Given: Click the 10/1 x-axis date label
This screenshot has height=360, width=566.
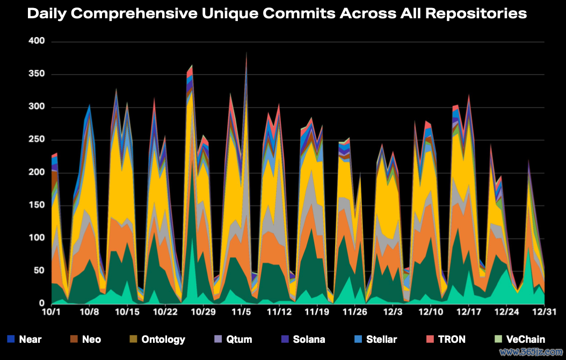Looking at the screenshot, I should coord(51,311).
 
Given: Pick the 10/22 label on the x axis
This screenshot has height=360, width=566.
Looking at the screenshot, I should coord(165,311).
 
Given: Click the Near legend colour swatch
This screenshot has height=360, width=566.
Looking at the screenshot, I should coord(11,339).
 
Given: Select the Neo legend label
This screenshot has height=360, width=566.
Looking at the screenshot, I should coord(91,339).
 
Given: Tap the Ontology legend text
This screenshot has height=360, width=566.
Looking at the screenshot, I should coord(163,339).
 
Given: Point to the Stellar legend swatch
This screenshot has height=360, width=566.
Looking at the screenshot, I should coord(358,339).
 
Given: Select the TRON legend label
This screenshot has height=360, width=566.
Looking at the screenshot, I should coord(452,339).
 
